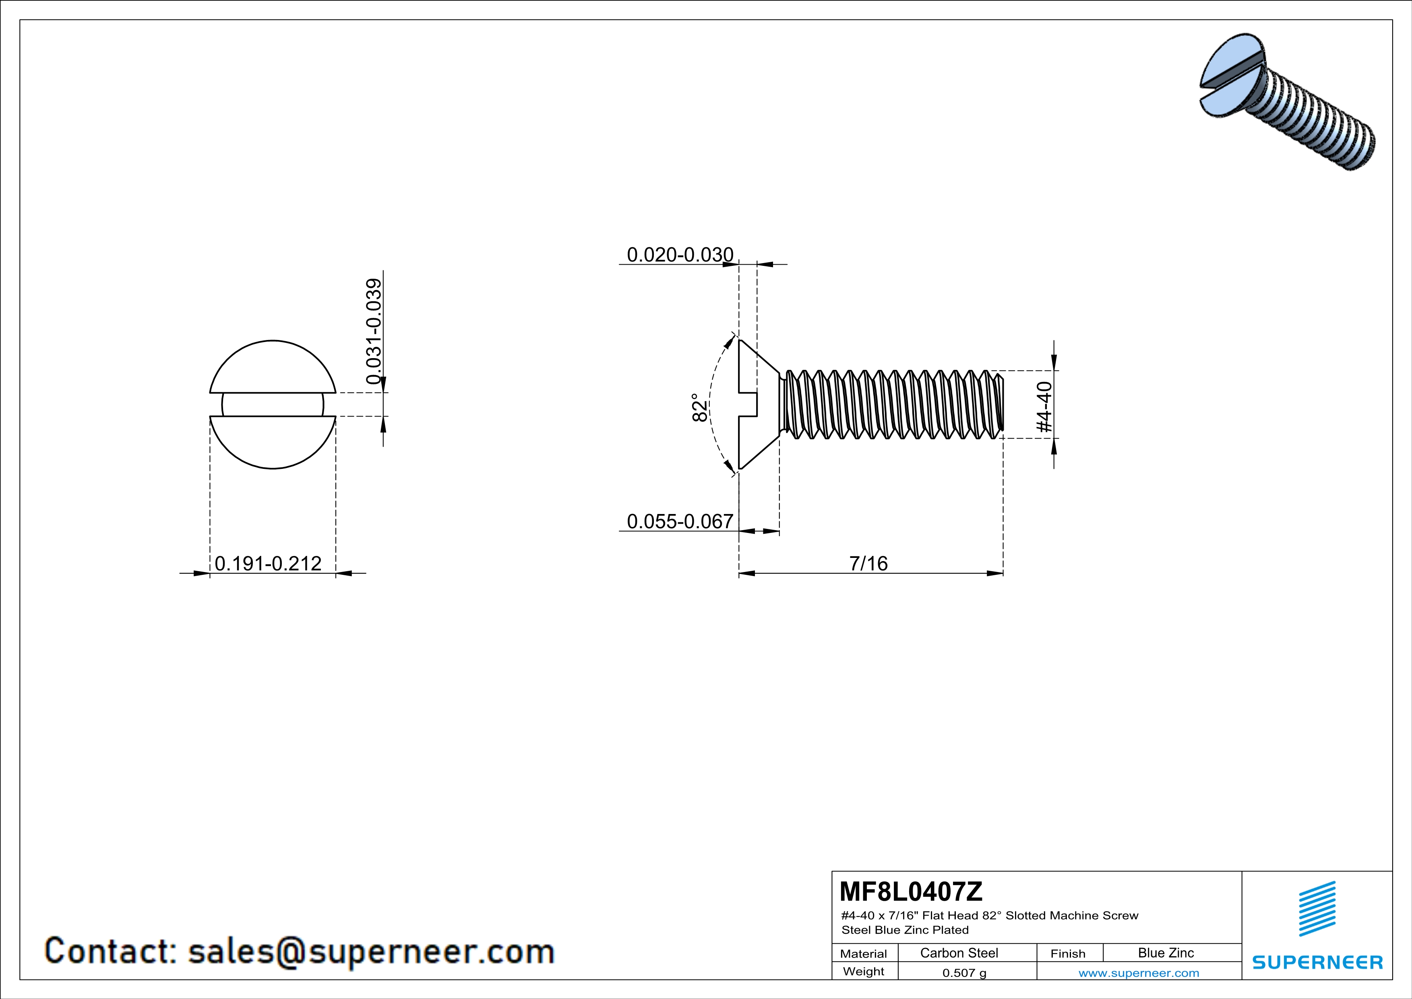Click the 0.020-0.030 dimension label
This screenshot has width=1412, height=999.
[x=680, y=254]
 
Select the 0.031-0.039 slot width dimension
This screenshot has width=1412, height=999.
[x=373, y=331]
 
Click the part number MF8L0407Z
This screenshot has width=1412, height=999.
[x=911, y=891]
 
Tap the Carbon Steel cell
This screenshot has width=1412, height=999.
[x=959, y=953]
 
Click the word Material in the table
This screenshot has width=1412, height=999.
[x=864, y=953]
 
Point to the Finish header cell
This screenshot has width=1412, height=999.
[x=1068, y=953]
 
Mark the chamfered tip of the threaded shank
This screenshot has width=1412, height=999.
[x=1000, y=404]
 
